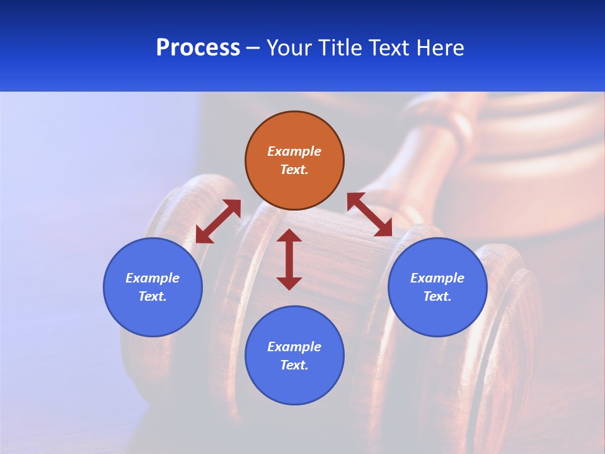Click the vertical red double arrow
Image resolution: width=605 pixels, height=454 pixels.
tap(289, 259)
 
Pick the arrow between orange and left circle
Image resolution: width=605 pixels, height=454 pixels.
tap(218, 221)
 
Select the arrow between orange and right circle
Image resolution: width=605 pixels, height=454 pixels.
tap(370, 214)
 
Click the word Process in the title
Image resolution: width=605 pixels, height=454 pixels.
tap(198, 48)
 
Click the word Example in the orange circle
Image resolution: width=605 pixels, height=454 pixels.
tap(294, 151)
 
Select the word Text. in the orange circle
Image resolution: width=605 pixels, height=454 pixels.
tap(294, 170)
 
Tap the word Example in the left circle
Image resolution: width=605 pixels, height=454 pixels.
tap(153, 278)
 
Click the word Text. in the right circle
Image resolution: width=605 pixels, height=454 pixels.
tap(437, 296)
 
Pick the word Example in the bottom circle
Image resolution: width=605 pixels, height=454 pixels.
tap(294, 347)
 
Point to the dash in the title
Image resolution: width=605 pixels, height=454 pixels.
tap(253, 49)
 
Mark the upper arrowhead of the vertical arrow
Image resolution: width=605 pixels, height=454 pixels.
tap(289, 236)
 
